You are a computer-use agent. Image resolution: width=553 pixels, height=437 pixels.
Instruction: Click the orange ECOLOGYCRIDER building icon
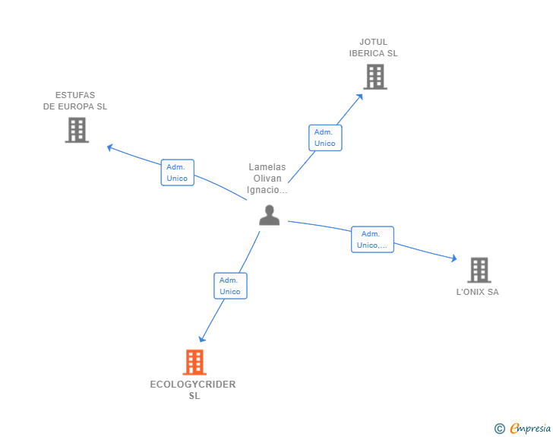(x=194, y=363)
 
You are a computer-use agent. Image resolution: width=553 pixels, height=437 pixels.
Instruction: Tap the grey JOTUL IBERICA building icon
(x=374, y=77)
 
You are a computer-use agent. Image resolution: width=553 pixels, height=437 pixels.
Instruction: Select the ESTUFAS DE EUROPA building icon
(x=77, y=130)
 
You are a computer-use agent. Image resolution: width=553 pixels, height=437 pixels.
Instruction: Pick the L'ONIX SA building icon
(x=479, y=270)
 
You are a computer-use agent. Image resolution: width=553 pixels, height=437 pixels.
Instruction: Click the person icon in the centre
(x=269, y=216)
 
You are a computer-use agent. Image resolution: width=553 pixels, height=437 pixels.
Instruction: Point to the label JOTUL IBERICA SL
(x=373, y=48)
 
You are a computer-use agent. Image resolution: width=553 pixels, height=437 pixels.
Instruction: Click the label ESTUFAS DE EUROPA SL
(x=75, y=101)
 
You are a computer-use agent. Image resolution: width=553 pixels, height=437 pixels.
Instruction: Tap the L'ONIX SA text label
(x=477, y=292)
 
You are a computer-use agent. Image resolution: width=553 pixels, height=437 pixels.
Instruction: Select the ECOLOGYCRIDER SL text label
(x=193, y=390)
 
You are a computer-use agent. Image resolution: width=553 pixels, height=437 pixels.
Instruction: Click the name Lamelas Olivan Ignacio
(x=267, y=179)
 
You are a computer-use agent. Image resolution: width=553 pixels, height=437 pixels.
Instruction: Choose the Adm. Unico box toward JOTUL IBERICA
(x=324, y=138)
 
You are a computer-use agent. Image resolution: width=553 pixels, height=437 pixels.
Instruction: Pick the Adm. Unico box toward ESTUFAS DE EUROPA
(x=177, y=173)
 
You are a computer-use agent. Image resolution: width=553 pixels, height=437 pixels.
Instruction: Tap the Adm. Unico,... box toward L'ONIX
(x=372, y=239)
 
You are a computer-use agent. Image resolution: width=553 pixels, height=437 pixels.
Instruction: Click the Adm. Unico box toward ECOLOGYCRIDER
(x=229, y=286)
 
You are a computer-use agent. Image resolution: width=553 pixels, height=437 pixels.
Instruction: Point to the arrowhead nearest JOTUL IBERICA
(x=361, y=96)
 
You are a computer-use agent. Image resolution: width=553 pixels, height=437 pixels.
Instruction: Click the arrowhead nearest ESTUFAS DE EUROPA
(x=109, y=147)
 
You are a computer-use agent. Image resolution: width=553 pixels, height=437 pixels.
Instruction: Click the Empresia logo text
(x=530, y=429)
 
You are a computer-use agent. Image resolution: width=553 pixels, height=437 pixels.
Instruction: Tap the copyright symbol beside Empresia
(x=499, y=429)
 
